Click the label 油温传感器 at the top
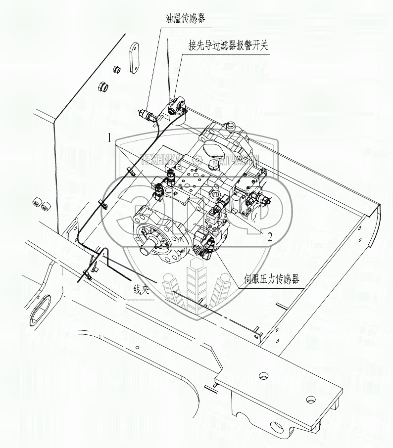pos(185,18)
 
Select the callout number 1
pos(110,138)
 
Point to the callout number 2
pos(270,236)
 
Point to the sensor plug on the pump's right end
pos(262,200)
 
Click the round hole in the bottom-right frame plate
pos(311,399)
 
